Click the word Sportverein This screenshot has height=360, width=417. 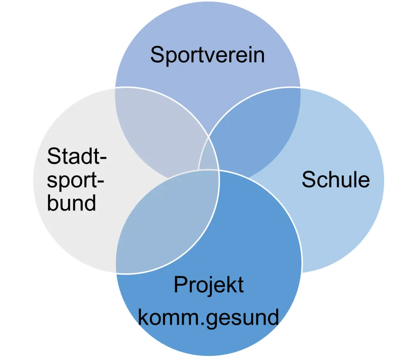pyautogui.click(x=207, y=55)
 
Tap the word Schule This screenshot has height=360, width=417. pyautogui.click(x=336, y=179)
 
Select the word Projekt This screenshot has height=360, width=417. pyautogui.click(x=208, y=285)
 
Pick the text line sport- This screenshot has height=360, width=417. pyautogui.click(x=75, y=180)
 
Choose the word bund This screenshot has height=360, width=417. pyautogui.click(x=71, y=202)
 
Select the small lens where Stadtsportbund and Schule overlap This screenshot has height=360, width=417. pyautogui.click(x=208, y=157)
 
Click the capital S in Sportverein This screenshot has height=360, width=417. pyautogui.click(x=157, y=55)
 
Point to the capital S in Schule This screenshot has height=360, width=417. pyautogui.click(x=308, y=179)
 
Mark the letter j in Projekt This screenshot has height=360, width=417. pyautogui.click(x=207, y=286)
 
